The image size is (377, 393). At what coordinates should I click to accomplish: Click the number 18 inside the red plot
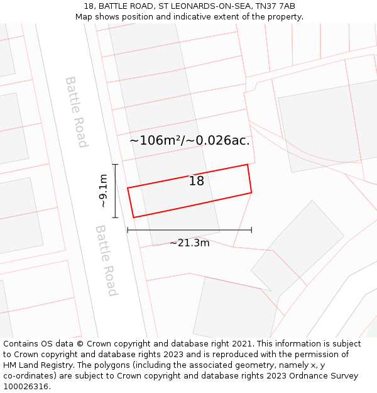click(x=197, y=181)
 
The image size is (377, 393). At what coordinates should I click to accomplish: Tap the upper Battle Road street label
click(x=75, y=112)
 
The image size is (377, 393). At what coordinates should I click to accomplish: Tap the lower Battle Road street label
click(x=106, y=260)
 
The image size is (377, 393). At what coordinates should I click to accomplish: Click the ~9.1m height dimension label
click(x=104, y=191)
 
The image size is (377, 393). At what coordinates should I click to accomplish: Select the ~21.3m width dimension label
click(x=190, y=243)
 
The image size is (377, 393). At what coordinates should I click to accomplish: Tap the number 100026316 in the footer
click(x=26, y=386)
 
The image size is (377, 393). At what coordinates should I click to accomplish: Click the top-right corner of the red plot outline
click(x=248, y=165)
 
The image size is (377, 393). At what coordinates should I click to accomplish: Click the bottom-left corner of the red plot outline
click(x=133, y=218)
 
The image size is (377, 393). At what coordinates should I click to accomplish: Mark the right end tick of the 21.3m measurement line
click(x=251, y=230)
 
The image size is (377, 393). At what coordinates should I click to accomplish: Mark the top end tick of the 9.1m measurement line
click(x=115, y=165)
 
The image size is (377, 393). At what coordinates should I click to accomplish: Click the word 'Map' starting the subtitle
click(x=84, y=16)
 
